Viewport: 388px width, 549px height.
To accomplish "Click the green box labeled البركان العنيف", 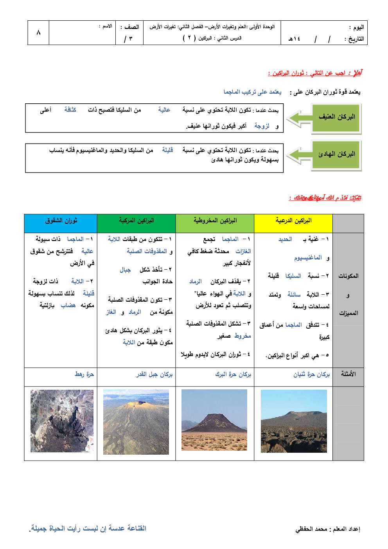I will point(336,117).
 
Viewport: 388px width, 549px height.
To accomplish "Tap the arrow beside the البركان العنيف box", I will point(299,119).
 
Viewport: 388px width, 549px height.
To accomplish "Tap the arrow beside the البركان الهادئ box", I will point(299,155).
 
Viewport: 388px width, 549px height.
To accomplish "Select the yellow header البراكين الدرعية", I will point(293,221).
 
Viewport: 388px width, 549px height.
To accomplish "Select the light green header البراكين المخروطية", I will point(215,221).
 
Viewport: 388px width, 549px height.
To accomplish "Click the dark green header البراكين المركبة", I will point(136,221).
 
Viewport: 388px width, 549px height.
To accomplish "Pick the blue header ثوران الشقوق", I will point(61,221).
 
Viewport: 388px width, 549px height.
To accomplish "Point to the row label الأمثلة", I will point(348,374).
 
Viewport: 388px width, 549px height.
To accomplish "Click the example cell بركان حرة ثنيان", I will point(311,375).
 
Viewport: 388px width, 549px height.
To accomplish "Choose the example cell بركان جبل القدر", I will point(154,375).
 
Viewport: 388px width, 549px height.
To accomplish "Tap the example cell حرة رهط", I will point(84,374).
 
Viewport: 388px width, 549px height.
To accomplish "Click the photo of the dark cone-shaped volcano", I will point(214,420).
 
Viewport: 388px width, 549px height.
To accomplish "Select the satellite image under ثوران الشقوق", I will point(62,421).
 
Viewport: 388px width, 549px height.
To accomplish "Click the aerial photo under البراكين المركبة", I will point(136,422).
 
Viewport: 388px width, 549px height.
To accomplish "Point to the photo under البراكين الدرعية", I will point(294,421).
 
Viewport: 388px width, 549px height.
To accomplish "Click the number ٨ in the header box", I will point(38,32).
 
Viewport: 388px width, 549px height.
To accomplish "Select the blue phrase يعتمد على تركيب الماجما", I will point(252,92).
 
